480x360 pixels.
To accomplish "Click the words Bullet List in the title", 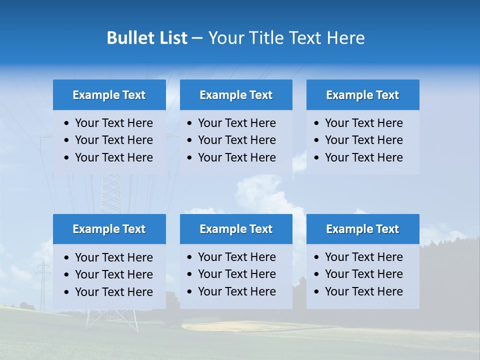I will click(x=147, y=38).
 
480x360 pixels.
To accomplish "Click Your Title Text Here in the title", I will click(x=286, y=38).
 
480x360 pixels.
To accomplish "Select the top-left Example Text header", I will click(x=109, y=95).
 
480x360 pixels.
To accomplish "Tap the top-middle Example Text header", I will click(x=236, y=95).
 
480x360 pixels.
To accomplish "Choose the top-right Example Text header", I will click(x=362, y=95).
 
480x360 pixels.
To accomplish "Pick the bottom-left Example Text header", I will click(x=109, y=229).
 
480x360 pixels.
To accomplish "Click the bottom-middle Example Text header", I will click(x=236, y=229).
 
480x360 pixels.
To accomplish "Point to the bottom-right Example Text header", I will click(x=362, y=229).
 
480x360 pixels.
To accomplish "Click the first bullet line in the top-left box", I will click(x=113, y=123).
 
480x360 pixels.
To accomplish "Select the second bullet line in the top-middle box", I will click(x=236, y=140).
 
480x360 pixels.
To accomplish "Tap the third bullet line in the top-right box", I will click(x=363, y=157).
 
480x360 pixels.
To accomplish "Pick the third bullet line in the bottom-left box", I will click(x=113, y=292).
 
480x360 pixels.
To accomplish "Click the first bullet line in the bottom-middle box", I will click(x=236, y=257).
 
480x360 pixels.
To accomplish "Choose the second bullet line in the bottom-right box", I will click(x=363, y=274).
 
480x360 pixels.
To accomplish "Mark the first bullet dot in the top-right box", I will click(x=316, y=123).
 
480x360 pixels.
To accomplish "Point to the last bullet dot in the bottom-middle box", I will click(x=189, y=292).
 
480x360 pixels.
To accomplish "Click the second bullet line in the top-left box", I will click(x=113, y=140).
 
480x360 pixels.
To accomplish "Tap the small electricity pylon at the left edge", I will click(x=43, y=285).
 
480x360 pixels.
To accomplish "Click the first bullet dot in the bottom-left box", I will click(x=67, y=258).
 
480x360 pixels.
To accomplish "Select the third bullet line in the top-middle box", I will click(x=236, y=157).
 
